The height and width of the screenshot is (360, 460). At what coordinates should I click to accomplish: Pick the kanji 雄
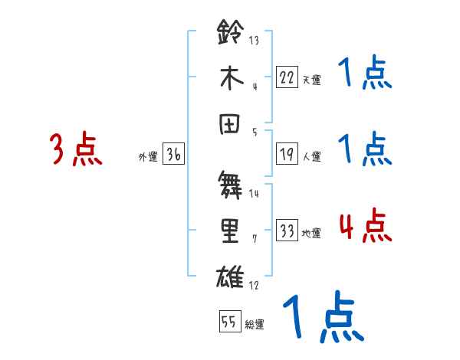pos(232,274)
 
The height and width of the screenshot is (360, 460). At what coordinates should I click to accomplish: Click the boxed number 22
pos(287,77)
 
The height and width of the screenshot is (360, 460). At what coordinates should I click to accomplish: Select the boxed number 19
pos(287,155)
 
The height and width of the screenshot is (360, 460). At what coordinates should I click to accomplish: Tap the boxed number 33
pos(287,231)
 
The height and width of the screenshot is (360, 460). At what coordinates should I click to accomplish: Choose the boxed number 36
pos(174,155)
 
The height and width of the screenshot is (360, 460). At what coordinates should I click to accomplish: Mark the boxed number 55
pos(229,322)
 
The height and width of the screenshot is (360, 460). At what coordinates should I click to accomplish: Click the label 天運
pos(312,80)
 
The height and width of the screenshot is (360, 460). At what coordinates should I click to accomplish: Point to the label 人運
pos(312,157)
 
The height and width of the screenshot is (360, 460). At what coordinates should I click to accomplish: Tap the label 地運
pos(312,234)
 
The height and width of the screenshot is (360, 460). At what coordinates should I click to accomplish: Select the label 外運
pos(148,157)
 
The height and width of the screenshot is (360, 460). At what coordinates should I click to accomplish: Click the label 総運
pos(255,324)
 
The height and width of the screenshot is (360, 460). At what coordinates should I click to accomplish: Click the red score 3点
pos(77,149)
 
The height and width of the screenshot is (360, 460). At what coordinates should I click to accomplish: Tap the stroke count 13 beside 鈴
pos(254,40)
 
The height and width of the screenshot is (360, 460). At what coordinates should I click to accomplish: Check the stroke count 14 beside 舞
pos(254,193)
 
